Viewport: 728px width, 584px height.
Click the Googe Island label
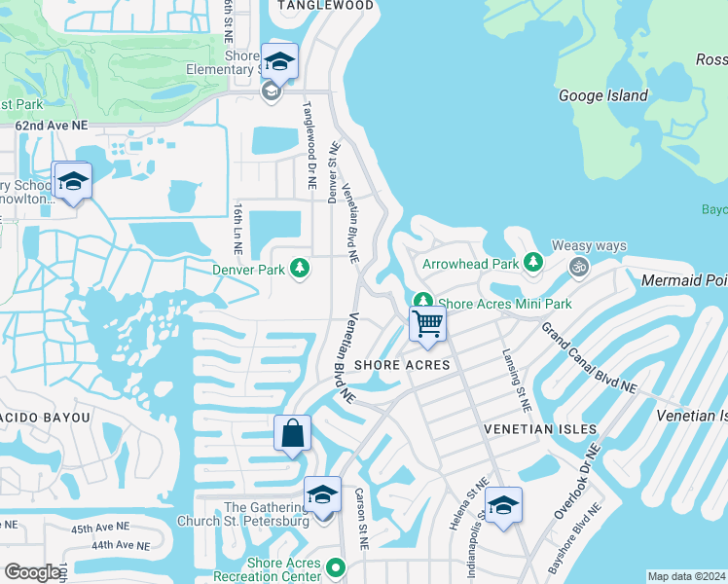pyautogui.click(x=602, y=95)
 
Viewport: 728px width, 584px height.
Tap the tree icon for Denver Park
pyautogui.click(x=301, y=268)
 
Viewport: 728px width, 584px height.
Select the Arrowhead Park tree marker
pyautogui.click(x=532, y=263)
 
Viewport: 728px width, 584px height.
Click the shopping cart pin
pyautogui.click(x=427, y=324)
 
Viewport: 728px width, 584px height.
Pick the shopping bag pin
pyautogui.click(x=292, y=433)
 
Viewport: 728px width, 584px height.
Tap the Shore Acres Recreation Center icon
pyautogui.click(x=336, y=566)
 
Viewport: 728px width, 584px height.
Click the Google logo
pyautogui.click(x=32, y=572)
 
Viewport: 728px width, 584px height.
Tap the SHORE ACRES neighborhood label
pyautogui.click(x=402, y=365)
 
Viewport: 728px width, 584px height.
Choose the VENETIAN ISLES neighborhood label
pyautogui.click(x=527, y=428)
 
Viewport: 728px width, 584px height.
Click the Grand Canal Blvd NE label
pyautogui.click(x=588, y=358)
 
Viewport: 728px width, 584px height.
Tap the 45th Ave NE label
pyautogui.click(x=99, y=528)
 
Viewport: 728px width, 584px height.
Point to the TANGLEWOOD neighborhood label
pyautogui.click(x=325, y=6)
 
